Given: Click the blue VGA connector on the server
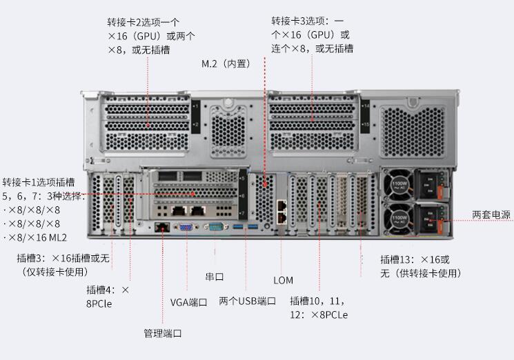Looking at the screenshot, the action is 186,226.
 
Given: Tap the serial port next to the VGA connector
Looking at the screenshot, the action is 216,226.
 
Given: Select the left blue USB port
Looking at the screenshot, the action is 238,227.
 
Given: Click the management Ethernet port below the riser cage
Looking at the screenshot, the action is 162,227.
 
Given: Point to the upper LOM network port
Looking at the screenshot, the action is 281,206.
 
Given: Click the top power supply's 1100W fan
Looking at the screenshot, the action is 399,186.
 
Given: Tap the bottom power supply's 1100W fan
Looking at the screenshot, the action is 399,218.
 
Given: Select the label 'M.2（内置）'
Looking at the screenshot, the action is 226,63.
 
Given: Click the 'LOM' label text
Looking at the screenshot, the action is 284,281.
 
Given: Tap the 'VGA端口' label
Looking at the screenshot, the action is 189,302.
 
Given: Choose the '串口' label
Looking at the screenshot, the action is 215,277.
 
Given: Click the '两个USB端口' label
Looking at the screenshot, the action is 248,301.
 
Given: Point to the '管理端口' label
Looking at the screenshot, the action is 163,334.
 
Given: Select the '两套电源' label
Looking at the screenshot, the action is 491,215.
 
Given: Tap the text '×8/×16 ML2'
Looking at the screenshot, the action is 34,237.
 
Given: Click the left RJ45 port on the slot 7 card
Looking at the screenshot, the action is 179,210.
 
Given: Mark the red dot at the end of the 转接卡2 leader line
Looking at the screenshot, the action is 148,125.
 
